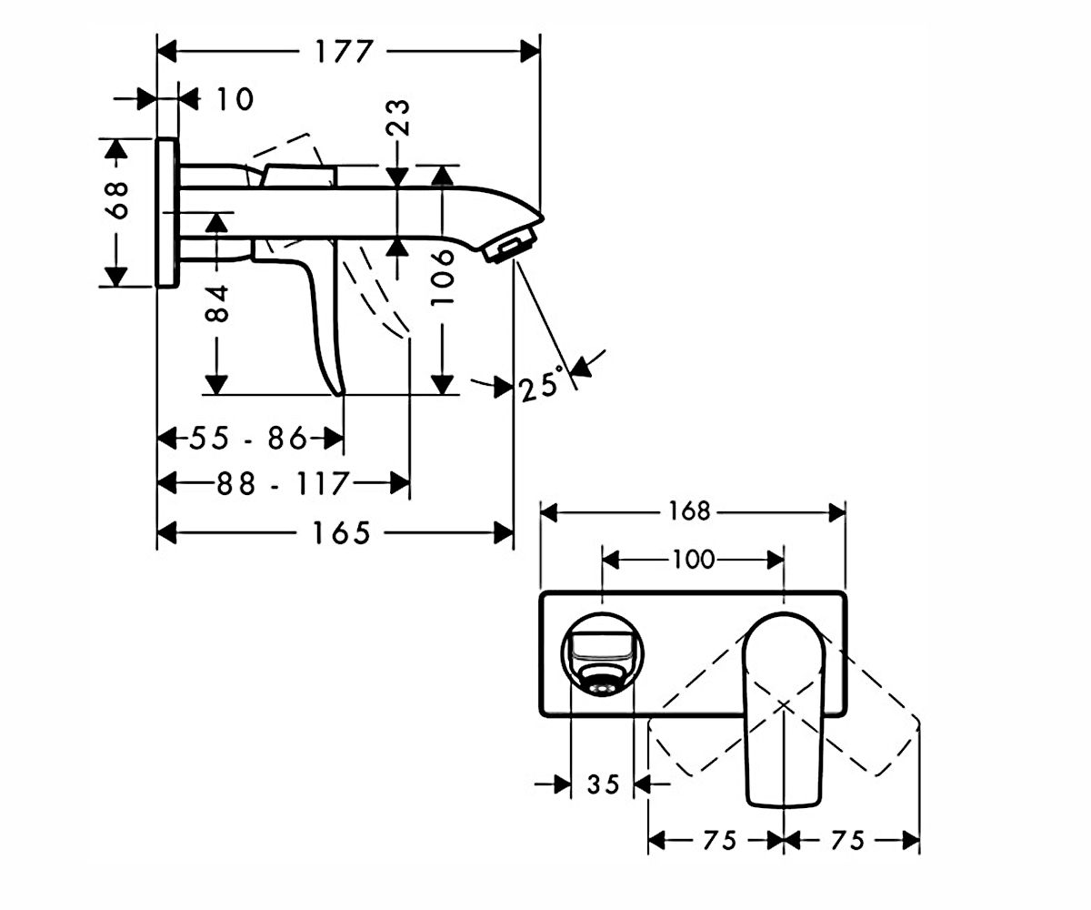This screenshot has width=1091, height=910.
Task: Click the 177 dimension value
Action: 344,51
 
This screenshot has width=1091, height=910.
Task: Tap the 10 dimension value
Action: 235,99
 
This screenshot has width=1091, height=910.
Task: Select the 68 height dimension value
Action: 116,200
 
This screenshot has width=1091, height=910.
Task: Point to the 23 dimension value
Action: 398,117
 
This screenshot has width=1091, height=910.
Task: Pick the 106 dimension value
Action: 443,278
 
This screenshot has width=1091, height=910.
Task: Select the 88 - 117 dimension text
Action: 282,483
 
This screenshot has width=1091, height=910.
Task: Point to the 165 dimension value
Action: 342,533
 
